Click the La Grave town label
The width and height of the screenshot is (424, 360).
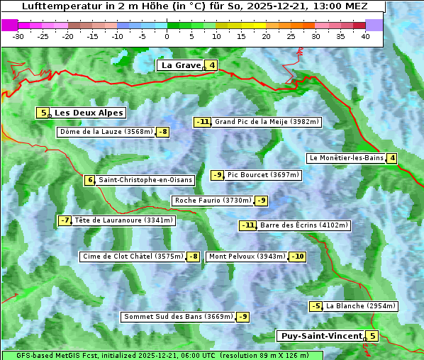click(181, 65)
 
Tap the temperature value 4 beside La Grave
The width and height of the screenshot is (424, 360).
click(211, 65)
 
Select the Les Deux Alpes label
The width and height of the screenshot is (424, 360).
click(89, 113)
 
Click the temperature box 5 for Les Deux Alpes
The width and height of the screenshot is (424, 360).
click(43, 113)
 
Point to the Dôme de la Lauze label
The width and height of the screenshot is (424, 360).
click(106, 132)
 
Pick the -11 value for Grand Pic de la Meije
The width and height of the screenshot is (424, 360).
click(203, 122)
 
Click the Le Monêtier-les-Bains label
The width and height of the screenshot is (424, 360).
click(345, 158)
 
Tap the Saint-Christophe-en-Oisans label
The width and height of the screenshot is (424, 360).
click(145, 180)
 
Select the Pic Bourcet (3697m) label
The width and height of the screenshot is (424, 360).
click(264, 175)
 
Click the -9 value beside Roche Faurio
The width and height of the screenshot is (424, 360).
click(262, 201)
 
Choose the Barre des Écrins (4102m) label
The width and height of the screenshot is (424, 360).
click(304, 225)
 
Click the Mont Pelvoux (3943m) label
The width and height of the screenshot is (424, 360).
click(247, 257)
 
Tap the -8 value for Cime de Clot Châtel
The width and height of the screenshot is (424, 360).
click(192, 257)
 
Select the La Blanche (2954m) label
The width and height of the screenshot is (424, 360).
click(360, 306)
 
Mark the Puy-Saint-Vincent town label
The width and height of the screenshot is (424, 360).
click(320, 336)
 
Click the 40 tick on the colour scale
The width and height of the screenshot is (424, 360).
click(365, 35)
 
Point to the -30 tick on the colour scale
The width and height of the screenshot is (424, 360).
click(18, 35)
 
